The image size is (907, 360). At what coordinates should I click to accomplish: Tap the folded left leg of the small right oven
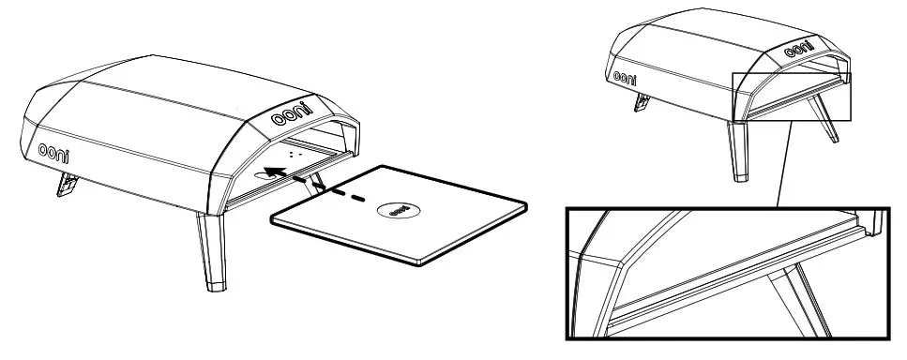pos(642,101)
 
